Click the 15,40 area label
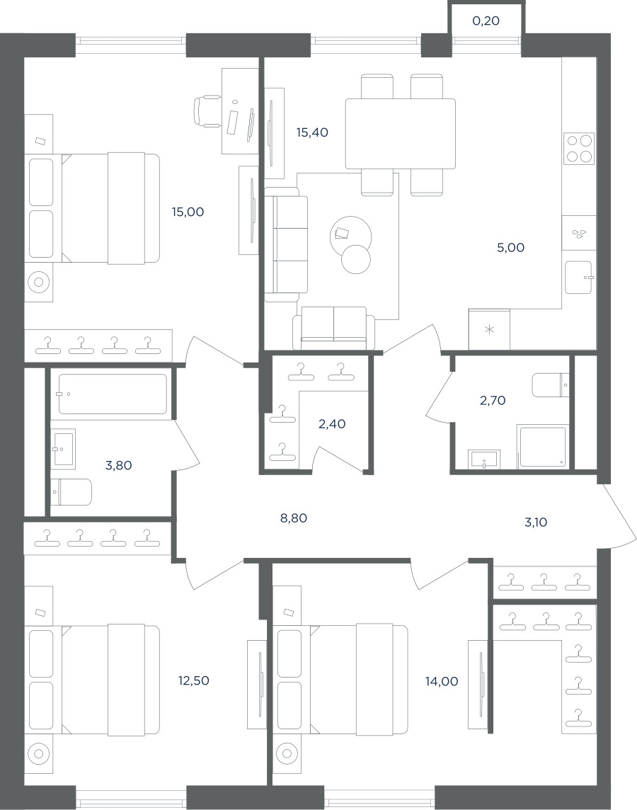[x=312, y=133]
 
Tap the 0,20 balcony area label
[x=486, y=21]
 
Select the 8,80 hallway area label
[x=294, y=518]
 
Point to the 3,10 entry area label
[x=536, y=523]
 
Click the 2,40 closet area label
[x=332, y=424]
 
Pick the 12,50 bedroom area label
[x=194, y=681]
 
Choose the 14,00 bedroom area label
[x=442, y=681]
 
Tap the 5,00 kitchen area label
[x=510, y=248]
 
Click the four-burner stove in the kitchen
[x=579, y=149]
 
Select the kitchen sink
[x=579, y=278]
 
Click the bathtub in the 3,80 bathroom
[x=113, y=394]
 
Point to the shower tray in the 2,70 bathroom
[x=543, y=447]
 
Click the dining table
[x=401, y=134]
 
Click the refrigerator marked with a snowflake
[x=489, y=329]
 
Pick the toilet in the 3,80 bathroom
[x=71, y=492]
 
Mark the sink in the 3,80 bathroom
[x=64, y=449]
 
